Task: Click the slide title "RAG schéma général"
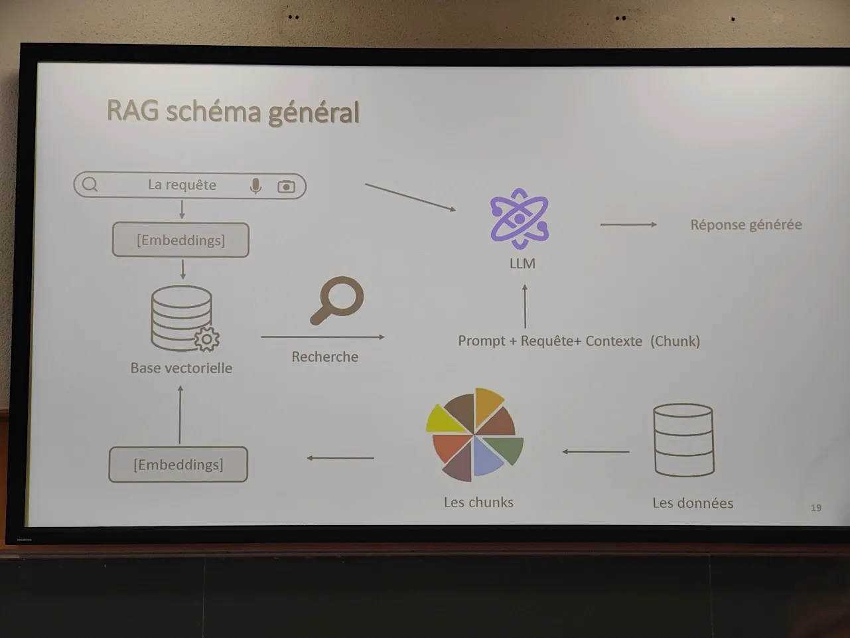coord(233,112)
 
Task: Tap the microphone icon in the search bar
coord(255,187)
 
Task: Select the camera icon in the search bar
coord(286,187)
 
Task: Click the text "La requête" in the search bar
coord(182,185)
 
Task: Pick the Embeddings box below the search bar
coord(180,240)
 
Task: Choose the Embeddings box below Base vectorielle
coord(178,464)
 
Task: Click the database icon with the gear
coord(184,319)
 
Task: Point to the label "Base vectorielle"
coord(181,368)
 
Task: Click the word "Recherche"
coord(324,357)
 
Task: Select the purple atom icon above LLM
coord(520,218)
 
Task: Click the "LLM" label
coord(522,264)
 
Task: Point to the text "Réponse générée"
coord(746,224)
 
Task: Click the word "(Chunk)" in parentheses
coord(675,341)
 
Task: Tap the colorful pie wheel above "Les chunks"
coord(474,434)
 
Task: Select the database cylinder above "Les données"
coord(683,439)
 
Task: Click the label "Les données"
coord(692,503)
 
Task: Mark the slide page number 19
coord(816,508)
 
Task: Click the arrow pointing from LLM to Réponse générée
coord(628,224)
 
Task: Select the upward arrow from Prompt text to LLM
coord(525,306)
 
